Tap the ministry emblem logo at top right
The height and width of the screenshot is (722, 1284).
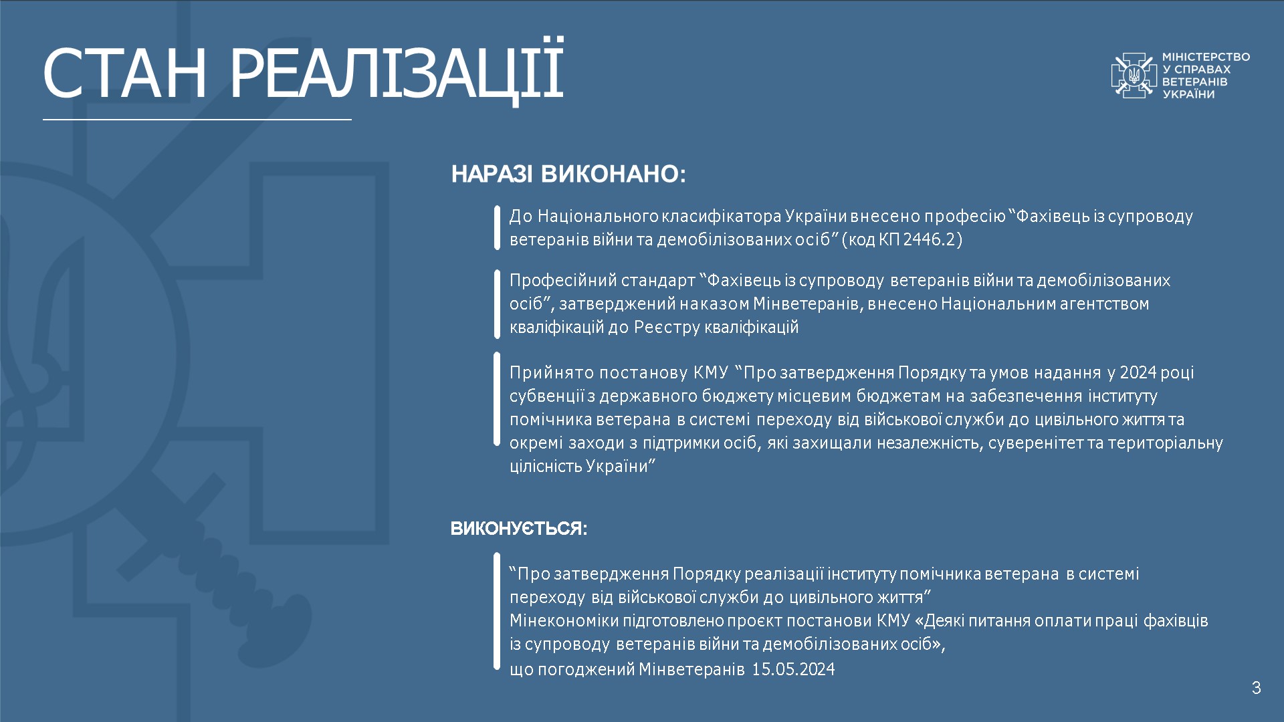pos(1134,76)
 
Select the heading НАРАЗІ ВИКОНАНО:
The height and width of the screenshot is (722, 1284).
pos(568,174)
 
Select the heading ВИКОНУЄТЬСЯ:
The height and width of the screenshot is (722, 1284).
pos(519,529)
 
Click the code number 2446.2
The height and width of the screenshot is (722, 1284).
pos(930,239)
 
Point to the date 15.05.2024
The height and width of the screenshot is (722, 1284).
pos(793,669)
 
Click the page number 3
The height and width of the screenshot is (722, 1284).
pos(1256,688)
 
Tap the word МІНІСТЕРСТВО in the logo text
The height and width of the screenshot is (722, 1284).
pos(1206,57)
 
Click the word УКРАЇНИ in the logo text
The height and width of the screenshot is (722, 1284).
pos(1188,94)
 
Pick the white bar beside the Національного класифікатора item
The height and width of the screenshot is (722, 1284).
pos(497,228)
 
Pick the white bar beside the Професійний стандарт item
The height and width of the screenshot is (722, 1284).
pos(497,304)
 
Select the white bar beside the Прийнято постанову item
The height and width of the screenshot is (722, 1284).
pos(497,399)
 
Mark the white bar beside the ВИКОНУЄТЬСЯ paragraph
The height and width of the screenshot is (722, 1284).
pos(497,611)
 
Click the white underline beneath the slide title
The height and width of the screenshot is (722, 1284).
pos(197,120)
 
